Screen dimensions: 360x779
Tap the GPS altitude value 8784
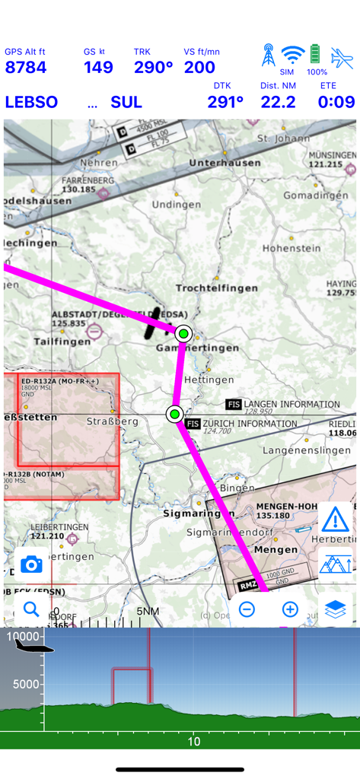click(26, 68)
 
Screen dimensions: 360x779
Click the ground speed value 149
click(98, 68)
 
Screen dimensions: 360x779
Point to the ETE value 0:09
click(336, 102)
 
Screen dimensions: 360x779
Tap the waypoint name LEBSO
click(31, 102)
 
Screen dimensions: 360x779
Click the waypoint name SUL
click(126, 102)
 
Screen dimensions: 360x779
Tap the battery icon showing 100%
click(316, 56)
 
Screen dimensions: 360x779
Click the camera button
click(31, 564)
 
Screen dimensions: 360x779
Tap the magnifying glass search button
click(31, 609)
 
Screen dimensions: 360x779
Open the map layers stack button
click(335, 609)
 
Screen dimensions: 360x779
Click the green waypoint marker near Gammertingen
click(183, 333)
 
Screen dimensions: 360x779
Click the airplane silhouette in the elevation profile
click(35, 646)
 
